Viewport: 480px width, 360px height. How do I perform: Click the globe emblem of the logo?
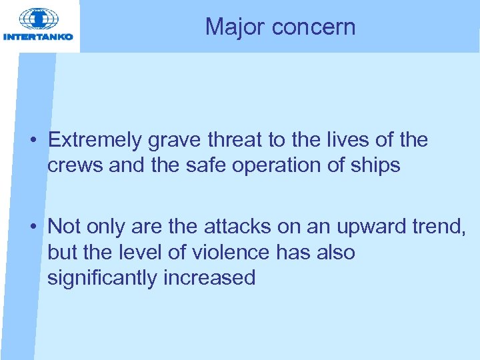pos(38,18)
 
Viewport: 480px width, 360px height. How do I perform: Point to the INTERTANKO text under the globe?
pos(39,37)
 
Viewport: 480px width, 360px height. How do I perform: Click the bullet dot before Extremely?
pos(32,141)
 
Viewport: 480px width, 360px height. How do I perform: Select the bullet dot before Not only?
pos(32,227)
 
